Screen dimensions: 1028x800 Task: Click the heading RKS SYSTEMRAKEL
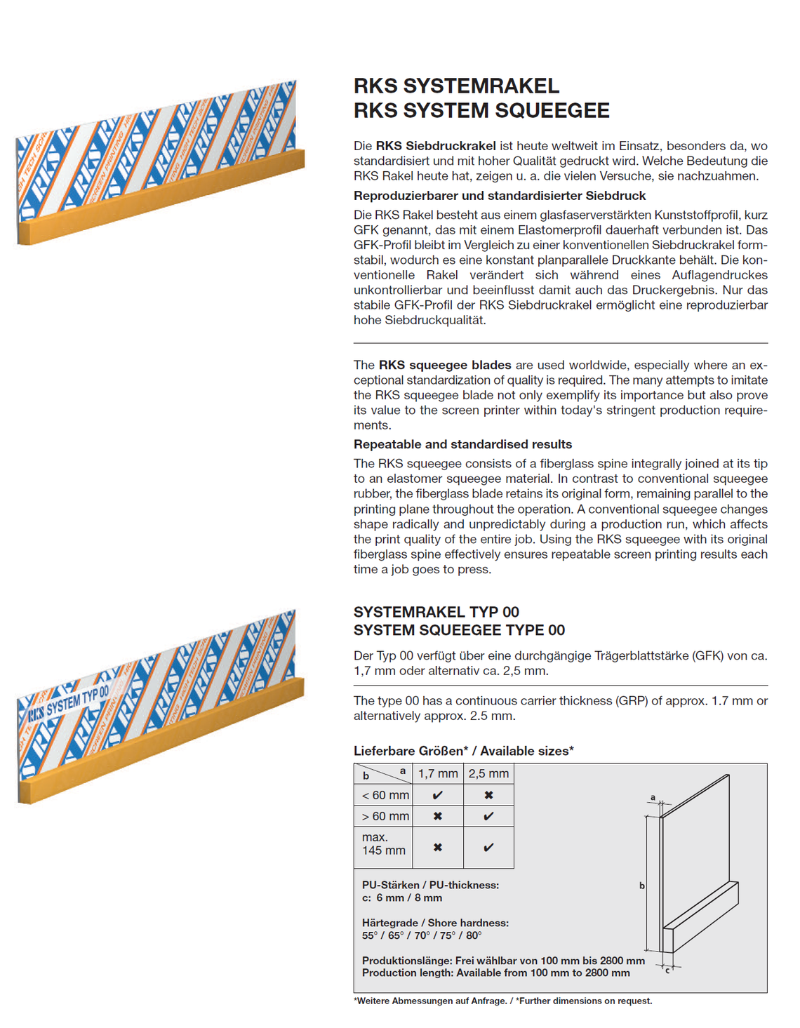tap(456, 86)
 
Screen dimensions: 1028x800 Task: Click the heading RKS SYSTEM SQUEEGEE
tap(481, 110)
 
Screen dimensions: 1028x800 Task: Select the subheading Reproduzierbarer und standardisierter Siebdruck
tap(499, 196)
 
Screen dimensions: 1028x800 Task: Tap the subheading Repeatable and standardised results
tap(462, 444)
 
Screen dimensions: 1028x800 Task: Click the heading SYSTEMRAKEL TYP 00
tap(436, 612)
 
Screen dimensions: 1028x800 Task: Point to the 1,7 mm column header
tap(438, 773)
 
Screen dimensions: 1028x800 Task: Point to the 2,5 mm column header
tap(488, 773)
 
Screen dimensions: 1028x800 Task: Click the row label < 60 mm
tap(385, 795)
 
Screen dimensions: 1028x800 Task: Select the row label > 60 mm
tap(385, 816)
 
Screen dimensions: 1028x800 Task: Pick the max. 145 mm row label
tap(383, 843)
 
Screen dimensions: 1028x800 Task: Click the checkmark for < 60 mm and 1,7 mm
tap(438, 795)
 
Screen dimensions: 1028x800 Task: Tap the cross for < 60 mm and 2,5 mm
tap(488, 795)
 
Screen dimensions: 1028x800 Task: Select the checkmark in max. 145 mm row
tap(488, 847)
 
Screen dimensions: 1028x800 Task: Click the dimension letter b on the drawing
tap(641, 886)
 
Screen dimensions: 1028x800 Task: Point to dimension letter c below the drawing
tap(667, 970)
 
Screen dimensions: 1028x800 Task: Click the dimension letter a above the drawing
tap(653, 797)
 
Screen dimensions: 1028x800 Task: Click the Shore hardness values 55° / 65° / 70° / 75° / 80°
tap(421, 935)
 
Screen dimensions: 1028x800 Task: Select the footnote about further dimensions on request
tap(502, 1001)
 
